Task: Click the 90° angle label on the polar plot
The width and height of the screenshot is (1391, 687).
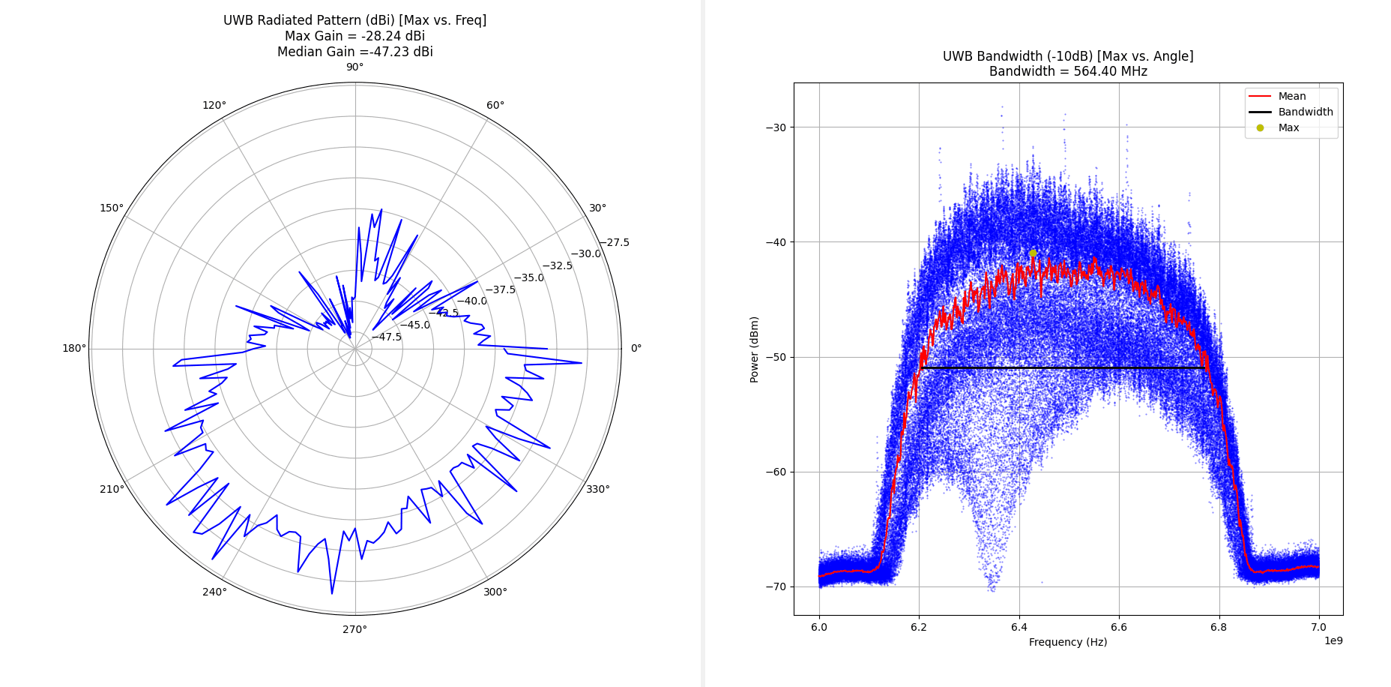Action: [x=354, y=67]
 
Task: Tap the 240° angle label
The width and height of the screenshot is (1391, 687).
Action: [x=214, y=592]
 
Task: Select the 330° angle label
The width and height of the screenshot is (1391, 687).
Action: [x=597, y=489]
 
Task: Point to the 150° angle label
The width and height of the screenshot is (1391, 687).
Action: [x=112, y=208]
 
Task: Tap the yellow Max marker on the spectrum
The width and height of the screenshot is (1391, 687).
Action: [x=1033, y=253]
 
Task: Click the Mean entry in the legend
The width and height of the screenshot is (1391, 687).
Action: [x=1292, y=96]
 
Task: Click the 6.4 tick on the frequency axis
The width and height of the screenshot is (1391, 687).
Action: [x=1019, y=627]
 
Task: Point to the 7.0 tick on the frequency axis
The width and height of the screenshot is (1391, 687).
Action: [x=1318, y=627]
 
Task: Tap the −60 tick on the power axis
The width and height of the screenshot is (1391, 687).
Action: [x=776, y=472]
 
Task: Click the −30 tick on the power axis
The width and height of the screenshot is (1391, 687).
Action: [x=776, y=127]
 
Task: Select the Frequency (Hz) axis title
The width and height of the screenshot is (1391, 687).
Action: [x=1068, y=642]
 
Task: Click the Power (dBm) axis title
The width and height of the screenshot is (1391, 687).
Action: [x=755, y=349]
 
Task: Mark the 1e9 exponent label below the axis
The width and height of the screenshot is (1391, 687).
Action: [x=1333, y=640]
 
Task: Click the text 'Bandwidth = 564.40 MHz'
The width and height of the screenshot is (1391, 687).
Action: [x=1068, y=72]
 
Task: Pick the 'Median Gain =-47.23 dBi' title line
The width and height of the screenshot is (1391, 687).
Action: [x=354, y=52]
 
